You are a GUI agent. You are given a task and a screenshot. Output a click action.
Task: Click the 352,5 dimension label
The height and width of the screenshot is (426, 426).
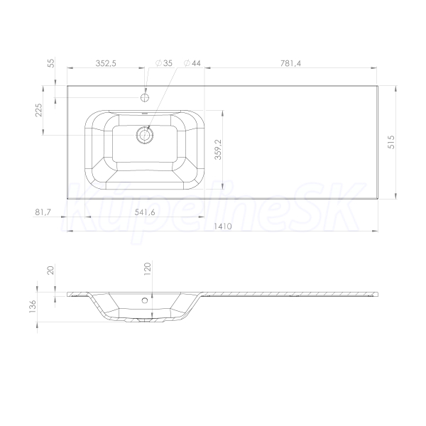click(x=106, y=63)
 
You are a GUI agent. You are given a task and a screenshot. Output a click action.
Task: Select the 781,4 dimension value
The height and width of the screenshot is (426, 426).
click(x=290, y=63)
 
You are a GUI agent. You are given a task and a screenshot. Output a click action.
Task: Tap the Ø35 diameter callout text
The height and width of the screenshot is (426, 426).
click(x=164, y=63)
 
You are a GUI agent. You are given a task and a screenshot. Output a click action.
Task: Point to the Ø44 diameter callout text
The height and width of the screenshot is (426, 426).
click(x=192, y=63)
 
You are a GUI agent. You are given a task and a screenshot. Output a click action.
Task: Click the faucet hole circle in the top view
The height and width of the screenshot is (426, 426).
click(x=145, y=97)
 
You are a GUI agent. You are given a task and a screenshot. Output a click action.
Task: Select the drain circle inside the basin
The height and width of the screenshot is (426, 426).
click(x=145, y=135)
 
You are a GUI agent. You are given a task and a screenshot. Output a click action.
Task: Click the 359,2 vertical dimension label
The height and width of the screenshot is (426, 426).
click(x=218, y=149)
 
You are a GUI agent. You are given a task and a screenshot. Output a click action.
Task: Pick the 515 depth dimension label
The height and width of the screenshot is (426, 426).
click(x=391, y=142)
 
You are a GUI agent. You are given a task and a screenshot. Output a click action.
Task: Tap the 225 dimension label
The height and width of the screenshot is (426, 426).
click(x=39, y=110)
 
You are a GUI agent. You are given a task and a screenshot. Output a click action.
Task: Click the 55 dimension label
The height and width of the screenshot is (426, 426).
click(x=51, y=63)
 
